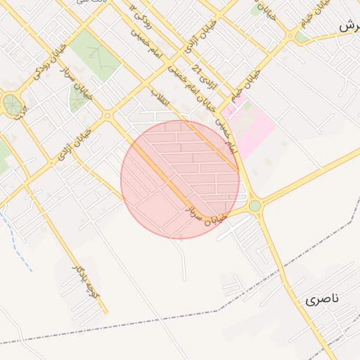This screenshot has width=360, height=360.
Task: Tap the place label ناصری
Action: click(x=322, y=299)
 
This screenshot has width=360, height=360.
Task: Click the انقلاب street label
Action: click(x=160, y=98)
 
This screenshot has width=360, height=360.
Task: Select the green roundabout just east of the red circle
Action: click(x=255, y=205)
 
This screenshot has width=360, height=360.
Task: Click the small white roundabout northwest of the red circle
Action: click(x=107, y=115)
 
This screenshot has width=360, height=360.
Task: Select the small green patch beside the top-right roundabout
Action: click(x=302, y=37)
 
